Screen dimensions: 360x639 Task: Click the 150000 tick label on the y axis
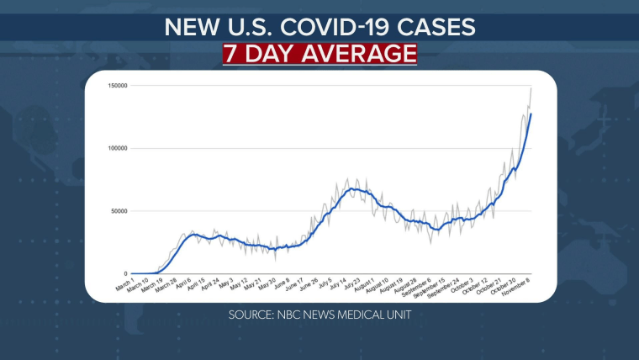pyautogui.click(x=116, y=86)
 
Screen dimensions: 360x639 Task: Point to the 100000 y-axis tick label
pyautogui.click(x=116, y=148)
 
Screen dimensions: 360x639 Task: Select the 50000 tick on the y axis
pyautogui.click(x=118, y=211)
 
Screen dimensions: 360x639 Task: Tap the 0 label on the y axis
pyautogui.click(x=124, y=273)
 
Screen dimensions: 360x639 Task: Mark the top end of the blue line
pyautogui.click(x=531, y=114)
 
